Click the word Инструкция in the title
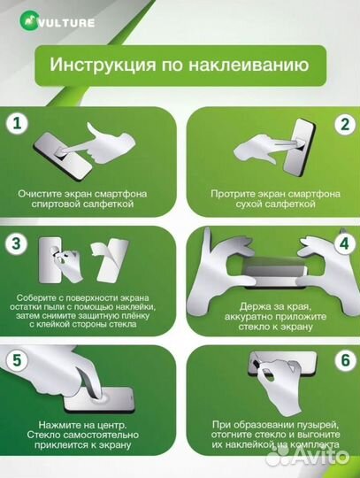point(94,65)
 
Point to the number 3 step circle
point(17,242)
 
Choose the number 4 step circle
point(343,242)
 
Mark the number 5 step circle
point(17,360)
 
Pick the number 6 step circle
point(343,360)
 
